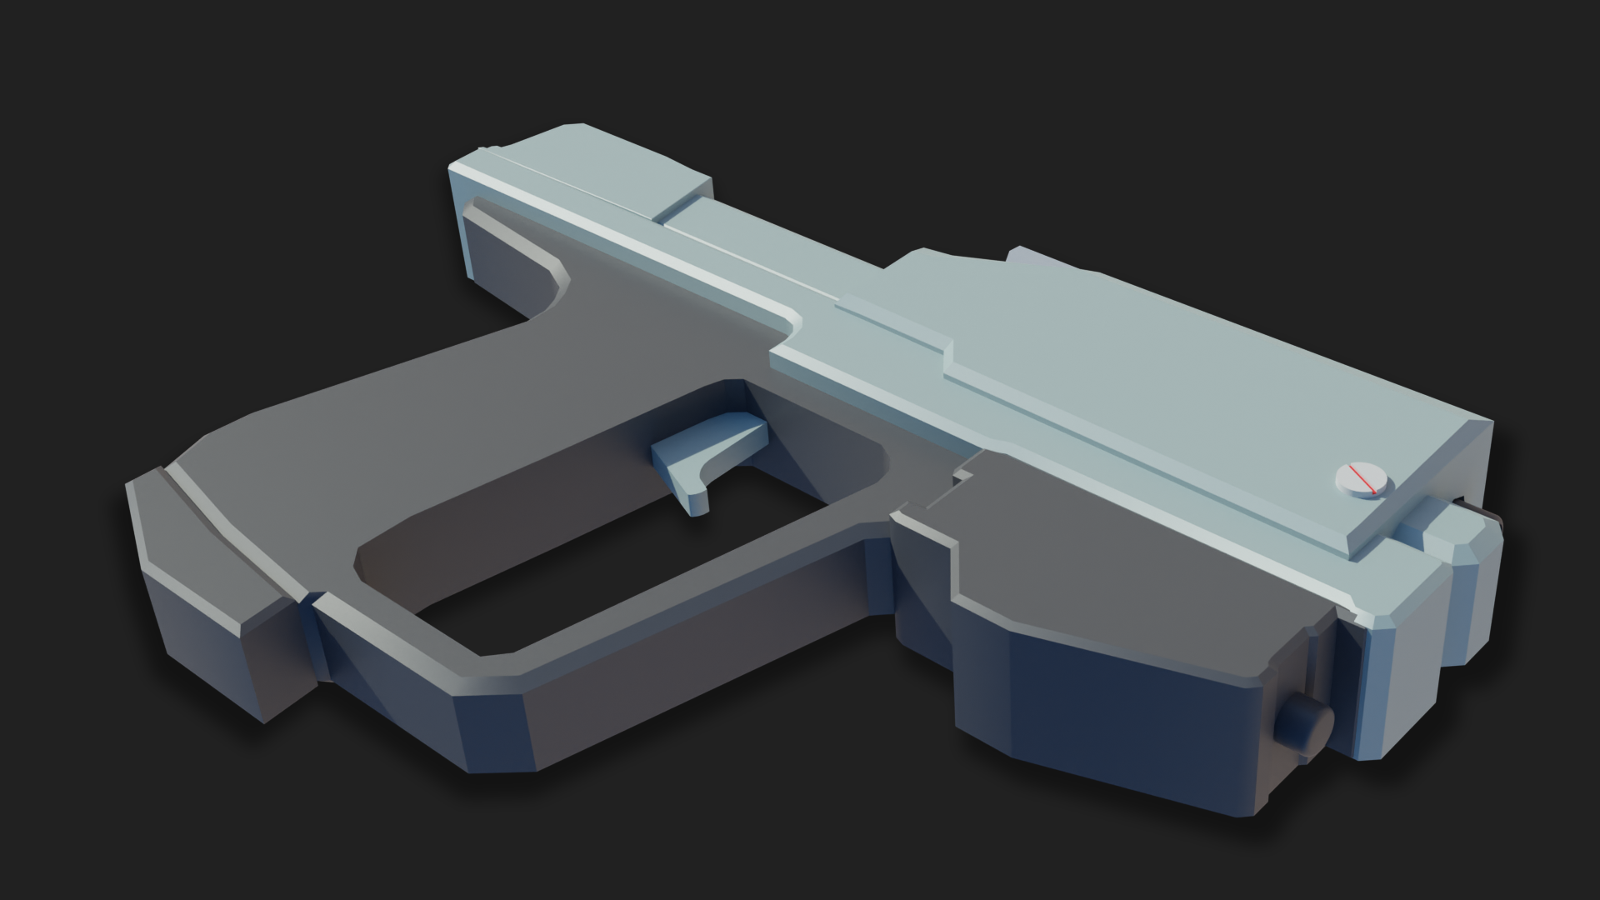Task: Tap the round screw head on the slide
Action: [1362, 480]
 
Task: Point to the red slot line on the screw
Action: [1363, 480]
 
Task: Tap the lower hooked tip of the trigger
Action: [692, 503]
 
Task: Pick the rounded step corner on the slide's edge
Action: [787, 322]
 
